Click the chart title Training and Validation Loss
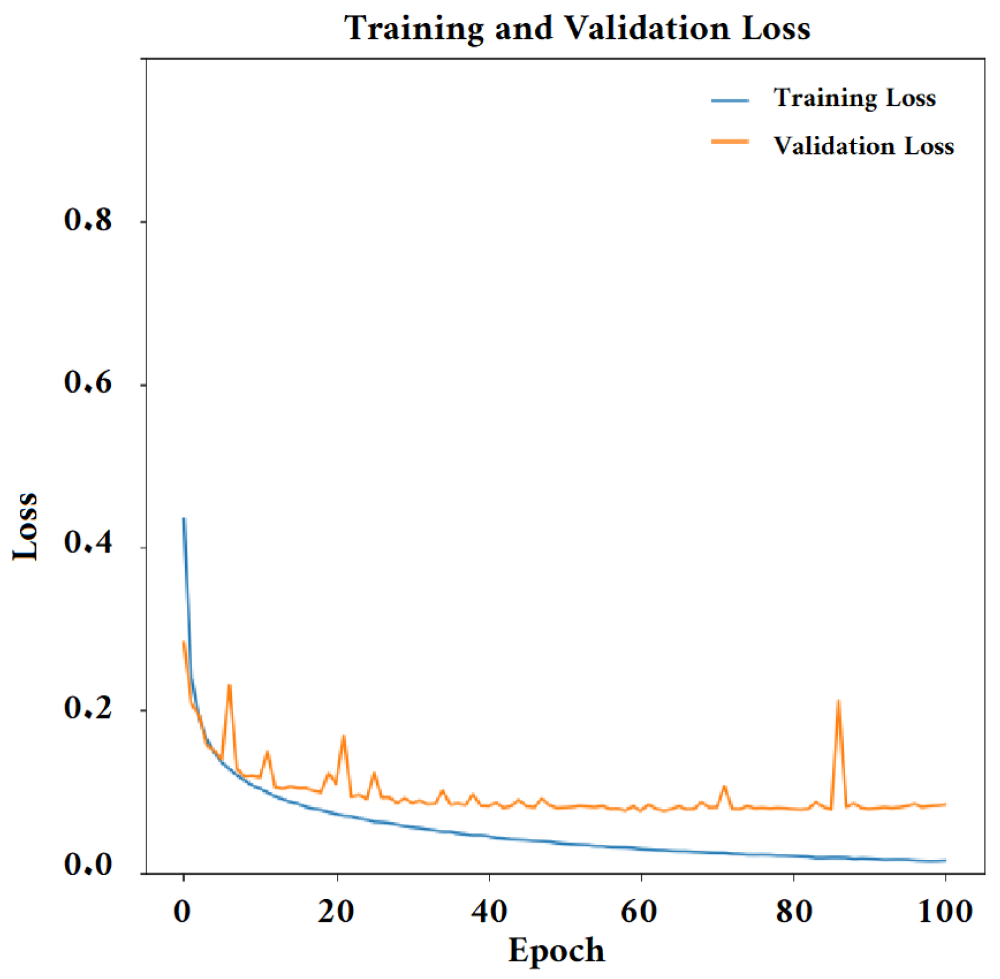tap(577, 28)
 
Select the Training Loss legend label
tap(854, 98)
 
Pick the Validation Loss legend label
tap(863, 146)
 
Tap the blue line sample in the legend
tap(730, 100)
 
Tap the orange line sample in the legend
tap(730, 142)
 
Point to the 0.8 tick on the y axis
tap(88, 220)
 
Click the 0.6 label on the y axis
tap(88, 383)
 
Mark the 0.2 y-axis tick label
tap(88, 708)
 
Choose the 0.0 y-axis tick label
tap(88, 865)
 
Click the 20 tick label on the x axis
tap(336, 912)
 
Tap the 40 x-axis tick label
tap(489, 912)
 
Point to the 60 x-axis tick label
tap(639, 912)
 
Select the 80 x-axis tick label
tap(794, 912)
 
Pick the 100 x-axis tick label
tap(946, 912)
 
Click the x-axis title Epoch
tap(556, 950)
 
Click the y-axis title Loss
tap(26, 526)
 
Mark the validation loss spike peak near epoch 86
tap(838, 701)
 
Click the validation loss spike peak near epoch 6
tap(229, 686)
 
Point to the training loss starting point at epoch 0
tap(184, 519)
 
